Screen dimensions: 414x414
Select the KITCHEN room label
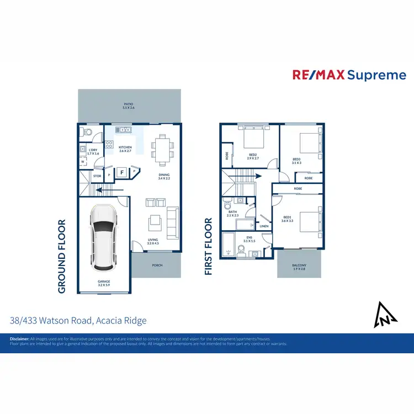(x=125, y=148)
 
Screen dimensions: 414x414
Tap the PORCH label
(x=157, y=265)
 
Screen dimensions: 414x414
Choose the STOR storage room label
(x=97, y=177)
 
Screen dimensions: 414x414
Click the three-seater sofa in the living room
(x=172, y=222)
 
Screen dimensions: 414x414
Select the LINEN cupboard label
(x=264, y=226)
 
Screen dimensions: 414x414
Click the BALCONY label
(x=299, y=266)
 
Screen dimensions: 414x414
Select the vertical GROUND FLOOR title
(x=61, y=257)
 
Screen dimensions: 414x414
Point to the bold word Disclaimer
(x=19, y=338)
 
